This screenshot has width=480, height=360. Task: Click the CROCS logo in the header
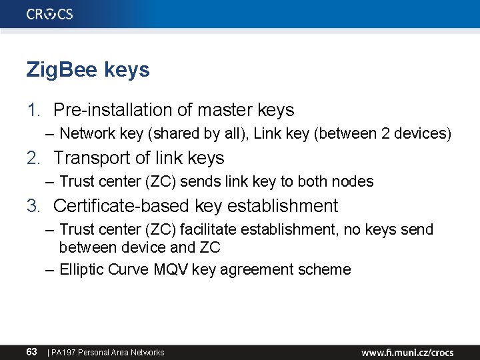tap(50, 14)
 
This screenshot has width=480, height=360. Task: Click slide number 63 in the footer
tap(31, 351)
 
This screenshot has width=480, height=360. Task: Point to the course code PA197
tap(64, 352)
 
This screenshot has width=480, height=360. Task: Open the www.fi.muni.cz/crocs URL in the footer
tap(407, 352)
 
